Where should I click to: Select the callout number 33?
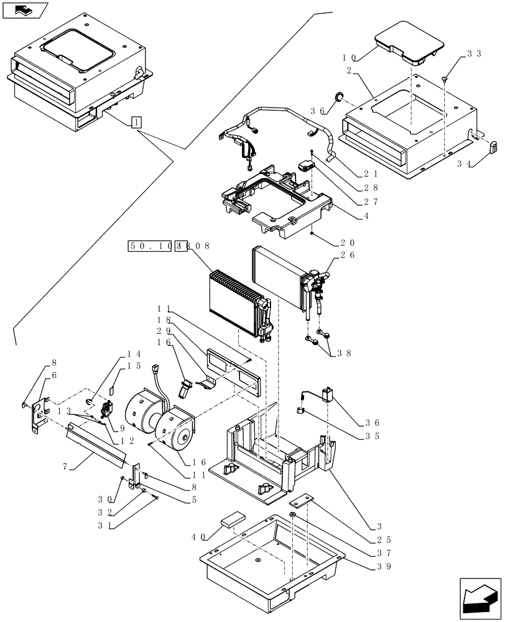pyautogui.click(x=474, y=54)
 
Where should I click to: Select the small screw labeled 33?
pyautogui.click(x=445, y=80)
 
